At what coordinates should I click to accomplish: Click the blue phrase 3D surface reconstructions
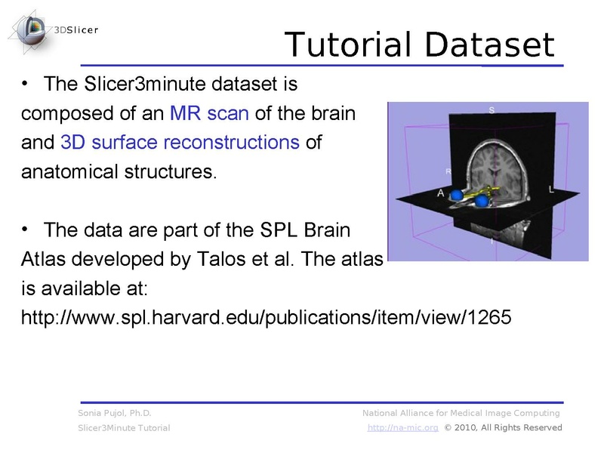pyautogui.click(x=180, y=142)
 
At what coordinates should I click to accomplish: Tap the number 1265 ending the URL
pyautogui.click(x=489, y=318)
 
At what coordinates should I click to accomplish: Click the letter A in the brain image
pyautogui.click(x=440, y=193)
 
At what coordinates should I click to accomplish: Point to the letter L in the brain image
pyautogui.click(x=551, y=190)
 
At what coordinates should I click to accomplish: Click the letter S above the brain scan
pyautogui.click(x=492, y=110)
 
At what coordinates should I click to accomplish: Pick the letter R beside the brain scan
pyautogui.click(x=448, y=172)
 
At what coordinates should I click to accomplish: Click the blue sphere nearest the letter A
pyautogui.click(x=457, y=197)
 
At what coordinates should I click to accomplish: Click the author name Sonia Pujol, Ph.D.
pyautogui.click(x=115, y=413)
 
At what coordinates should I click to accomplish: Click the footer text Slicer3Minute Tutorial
pyautogui.click(x=124, y=428)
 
